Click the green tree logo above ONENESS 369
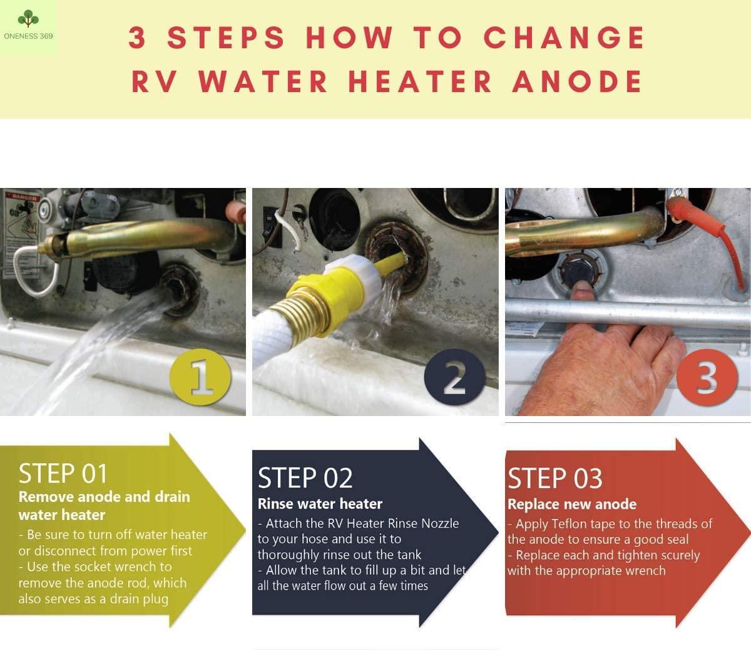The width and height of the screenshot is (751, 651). pyautogui.click(x=28, y=18)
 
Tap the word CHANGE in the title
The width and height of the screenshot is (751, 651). pyautogui.click(x=564, y=37)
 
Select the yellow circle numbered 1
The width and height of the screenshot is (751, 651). pyautogui.click(x=200, y=377)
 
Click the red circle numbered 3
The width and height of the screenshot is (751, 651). pyautogui.click(x=707, y=377)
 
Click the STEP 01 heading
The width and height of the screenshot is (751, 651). pyautogui.click(x=63, y=473)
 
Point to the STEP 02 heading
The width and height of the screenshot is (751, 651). pyautogui.click(x=305, y=477)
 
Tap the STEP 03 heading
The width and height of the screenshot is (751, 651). pyautogui.click(x=555, y=478)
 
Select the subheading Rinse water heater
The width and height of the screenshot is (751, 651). pyautogui.click(x=320, y=504)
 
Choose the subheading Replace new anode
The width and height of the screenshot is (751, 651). pyautogui.click(x=572, y=504)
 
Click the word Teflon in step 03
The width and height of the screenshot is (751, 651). pyautogui.click(x=569, y=524)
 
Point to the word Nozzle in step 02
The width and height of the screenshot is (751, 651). pyautogui.click(x=440, y=523)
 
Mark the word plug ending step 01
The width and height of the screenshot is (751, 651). pyautogui.click(x=155, y=600)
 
